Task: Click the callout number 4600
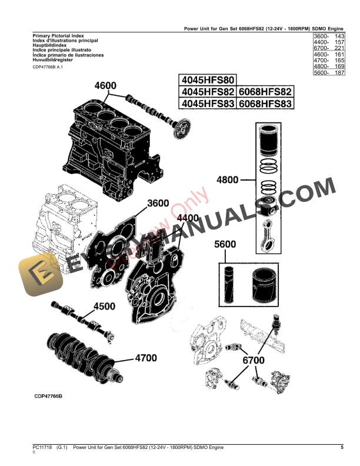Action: [x=105, y=86]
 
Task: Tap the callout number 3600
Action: [x=158, y=203]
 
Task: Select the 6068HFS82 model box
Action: [x=266, y=92]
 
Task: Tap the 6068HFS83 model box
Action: [x=266, y=104]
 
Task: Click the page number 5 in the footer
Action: [x=342, y=448]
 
